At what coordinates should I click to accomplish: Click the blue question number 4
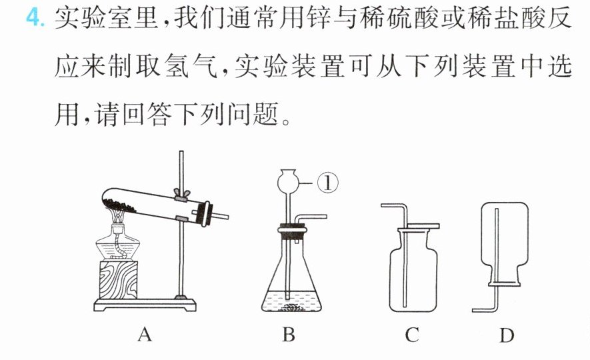[35, 18]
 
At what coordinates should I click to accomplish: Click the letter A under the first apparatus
[145, 335]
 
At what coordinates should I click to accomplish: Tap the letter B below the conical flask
[288, 335]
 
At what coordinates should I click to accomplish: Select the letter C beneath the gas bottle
[412, 335]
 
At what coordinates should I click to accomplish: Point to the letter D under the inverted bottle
[507, 335]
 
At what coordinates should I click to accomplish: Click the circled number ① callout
[328, 183]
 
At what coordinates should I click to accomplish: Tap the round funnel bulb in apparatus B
[289, 182]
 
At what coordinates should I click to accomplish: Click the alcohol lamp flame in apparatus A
[118, 216]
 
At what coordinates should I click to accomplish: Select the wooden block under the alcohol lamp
[118, 279]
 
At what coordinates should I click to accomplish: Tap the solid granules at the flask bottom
[291, 308]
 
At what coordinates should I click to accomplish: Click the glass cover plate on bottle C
[423, 226]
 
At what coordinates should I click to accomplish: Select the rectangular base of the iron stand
[145, 304]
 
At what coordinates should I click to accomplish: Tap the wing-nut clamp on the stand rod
[181, 195]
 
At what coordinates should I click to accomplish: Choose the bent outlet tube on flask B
[309, 217]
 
